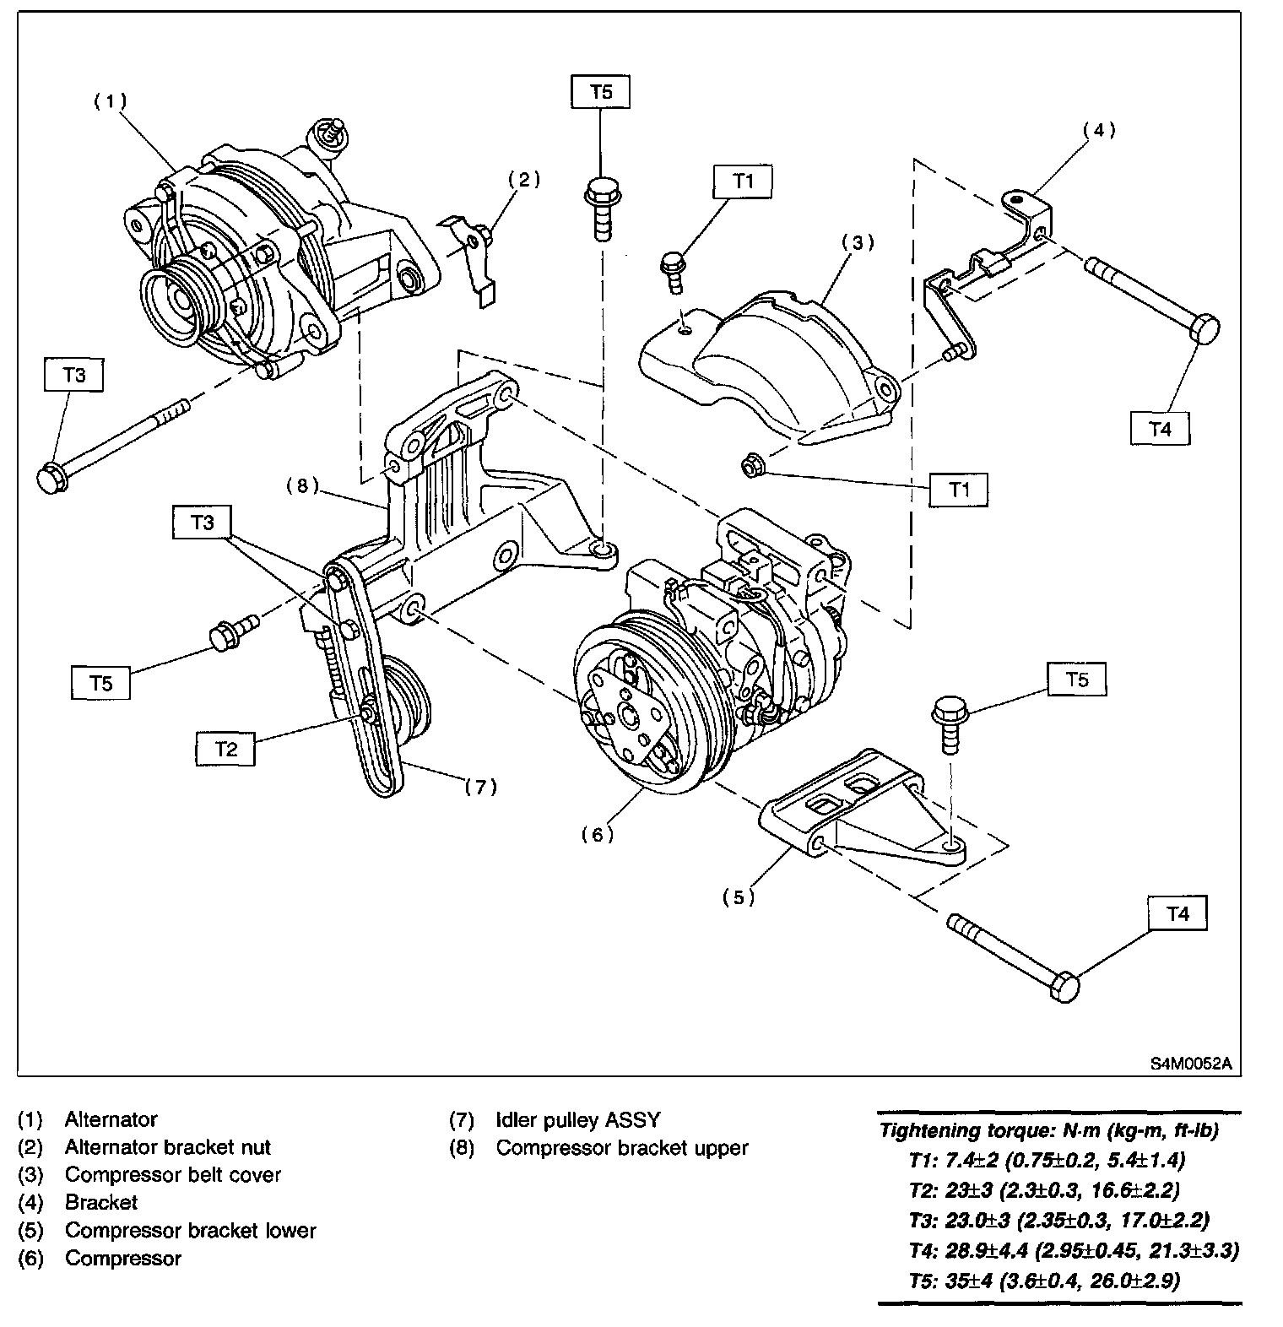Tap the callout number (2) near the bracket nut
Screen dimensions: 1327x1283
[523, 179]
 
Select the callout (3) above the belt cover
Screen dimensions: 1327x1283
[858, 242]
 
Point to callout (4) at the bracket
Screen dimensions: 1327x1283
[1099, 130]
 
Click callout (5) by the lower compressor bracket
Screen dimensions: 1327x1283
[739, 897]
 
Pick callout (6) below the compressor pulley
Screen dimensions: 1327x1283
[597, 834]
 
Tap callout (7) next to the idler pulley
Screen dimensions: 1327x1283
[480, 787]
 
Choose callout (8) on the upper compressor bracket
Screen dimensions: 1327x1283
[302, 485]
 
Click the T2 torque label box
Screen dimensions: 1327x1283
[225, 749]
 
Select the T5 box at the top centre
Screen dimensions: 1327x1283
[601, 91]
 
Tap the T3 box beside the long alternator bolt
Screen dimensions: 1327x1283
[74, 375]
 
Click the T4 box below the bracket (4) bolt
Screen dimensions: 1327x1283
[1161, 428]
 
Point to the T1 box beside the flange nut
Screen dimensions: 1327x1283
[958, 489]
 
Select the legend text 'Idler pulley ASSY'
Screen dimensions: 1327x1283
[578, 1120]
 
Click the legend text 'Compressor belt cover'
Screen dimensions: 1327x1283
[172, 1175]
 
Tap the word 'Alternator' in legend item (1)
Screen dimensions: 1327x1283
[111, 1120]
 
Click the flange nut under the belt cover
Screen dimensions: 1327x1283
[750, 465]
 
